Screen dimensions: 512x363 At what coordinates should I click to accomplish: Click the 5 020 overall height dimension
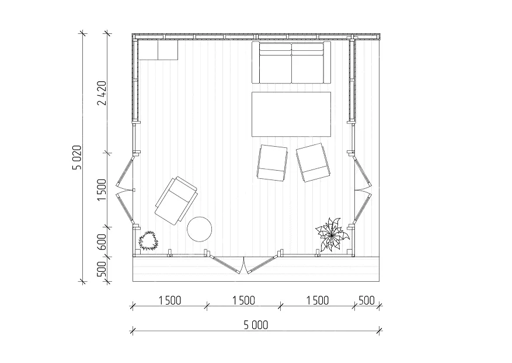point(76,157)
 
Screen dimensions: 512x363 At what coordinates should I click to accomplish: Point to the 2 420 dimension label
point(102,93)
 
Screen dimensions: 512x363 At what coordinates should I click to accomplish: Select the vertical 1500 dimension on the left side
point(102,190)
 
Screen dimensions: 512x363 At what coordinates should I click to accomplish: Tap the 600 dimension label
point(102,241)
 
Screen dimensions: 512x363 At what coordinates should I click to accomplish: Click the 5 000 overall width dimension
point(256,325)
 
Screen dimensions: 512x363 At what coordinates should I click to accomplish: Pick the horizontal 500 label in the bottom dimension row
point(367,300)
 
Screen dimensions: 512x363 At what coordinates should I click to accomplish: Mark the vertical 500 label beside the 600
point(102,269)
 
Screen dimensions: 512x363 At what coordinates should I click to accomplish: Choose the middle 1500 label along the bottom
point(243,300)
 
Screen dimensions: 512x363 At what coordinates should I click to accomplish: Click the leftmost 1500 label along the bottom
point(170,300)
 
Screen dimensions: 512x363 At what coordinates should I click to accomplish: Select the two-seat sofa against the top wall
point(291,62)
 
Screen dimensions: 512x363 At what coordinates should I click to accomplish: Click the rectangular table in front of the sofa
point(291,114)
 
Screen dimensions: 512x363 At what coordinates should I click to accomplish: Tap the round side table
point(199,229)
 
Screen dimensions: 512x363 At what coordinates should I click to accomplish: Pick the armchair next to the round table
point(176,201)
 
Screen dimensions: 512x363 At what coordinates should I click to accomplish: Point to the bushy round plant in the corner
point(148,241)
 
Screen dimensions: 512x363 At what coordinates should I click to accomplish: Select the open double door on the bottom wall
point(244,264)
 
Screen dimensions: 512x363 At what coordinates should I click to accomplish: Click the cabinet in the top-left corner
point(158,50)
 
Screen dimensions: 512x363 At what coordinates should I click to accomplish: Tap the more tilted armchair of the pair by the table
point(313,163)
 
